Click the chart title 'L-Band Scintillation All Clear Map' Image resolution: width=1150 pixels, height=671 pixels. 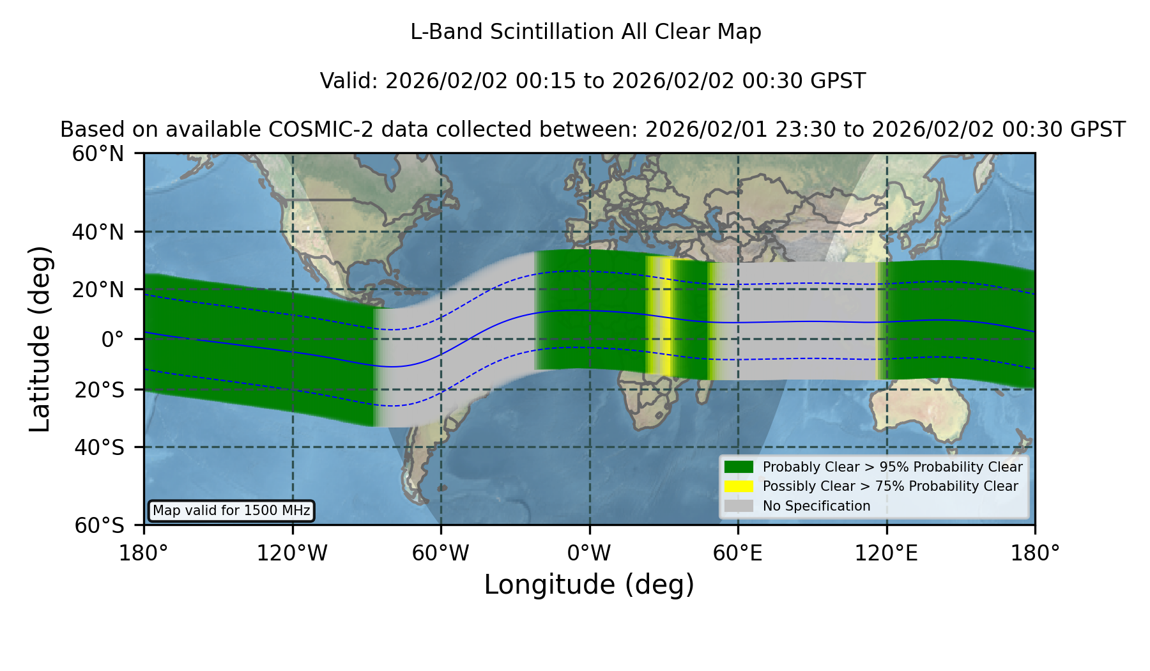[585, 32]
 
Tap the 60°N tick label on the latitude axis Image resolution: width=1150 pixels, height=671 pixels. [98, 154]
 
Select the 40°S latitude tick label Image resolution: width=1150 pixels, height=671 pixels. [99, 447]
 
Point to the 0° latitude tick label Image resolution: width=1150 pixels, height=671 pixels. [112, 339]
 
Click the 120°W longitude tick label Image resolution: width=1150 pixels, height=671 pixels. [292, 553]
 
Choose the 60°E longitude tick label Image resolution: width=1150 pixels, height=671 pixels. [738, 553]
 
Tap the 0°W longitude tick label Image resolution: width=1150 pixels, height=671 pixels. [589, 553]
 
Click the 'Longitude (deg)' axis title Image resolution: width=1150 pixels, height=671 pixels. [589, 585]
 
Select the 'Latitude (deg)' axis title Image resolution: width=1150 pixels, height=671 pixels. [40, 339]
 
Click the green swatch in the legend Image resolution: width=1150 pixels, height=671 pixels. [739, 467]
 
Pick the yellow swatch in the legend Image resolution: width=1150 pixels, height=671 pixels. [739, 486]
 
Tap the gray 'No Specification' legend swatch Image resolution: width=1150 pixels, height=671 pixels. [739, 506]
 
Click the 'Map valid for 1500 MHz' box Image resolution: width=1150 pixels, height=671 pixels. [231, 511]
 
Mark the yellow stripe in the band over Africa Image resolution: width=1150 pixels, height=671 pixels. [664, 318]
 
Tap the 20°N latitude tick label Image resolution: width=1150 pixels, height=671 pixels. [98, 289]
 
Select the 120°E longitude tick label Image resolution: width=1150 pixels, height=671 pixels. [886, 553]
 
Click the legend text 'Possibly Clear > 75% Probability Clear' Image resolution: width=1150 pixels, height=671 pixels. [890, 486]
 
